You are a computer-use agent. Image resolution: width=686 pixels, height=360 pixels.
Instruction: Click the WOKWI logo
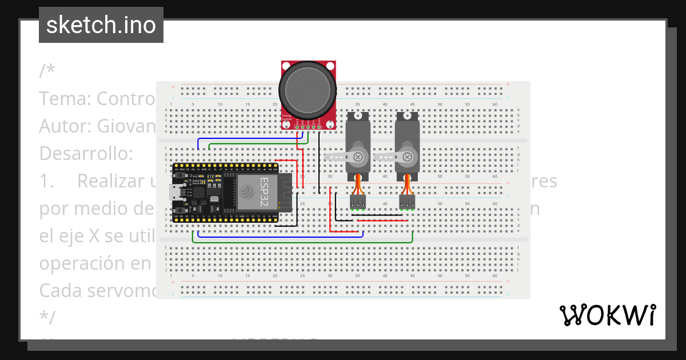click(x=607, y=315)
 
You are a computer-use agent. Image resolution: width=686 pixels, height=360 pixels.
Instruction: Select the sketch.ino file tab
click(x=101, y=25)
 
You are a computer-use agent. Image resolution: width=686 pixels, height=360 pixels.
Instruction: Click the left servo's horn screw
click(x=358, y=156)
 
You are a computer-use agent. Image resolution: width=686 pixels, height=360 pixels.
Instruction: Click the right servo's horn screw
click(x=407, y=156)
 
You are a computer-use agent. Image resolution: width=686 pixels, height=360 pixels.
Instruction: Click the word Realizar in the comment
click(x=114, y=181)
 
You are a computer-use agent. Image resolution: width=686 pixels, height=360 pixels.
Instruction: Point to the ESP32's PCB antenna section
click(x=285, y=191)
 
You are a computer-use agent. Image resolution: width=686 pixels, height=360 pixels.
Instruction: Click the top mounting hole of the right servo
click(x=407, y=115)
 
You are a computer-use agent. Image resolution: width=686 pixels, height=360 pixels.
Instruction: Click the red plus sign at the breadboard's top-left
click(x=173, y=87)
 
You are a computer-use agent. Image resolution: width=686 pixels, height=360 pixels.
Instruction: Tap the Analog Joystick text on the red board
click(x=288, y=116)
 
